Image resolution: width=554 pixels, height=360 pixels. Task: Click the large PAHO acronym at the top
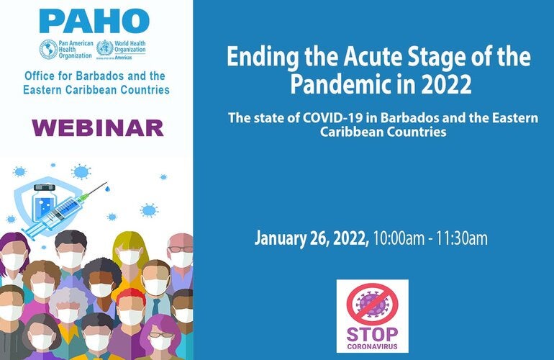(x=94, y=21)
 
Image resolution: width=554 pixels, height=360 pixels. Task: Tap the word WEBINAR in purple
(x=97, y=128)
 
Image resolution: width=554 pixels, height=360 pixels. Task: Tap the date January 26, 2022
(x=312, y=238)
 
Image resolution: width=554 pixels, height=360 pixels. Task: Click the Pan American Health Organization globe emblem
(x=49, y=50)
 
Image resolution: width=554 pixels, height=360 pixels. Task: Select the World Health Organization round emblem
(x=104, y=50)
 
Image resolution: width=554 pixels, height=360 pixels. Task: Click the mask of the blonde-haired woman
(x=129, y=257)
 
